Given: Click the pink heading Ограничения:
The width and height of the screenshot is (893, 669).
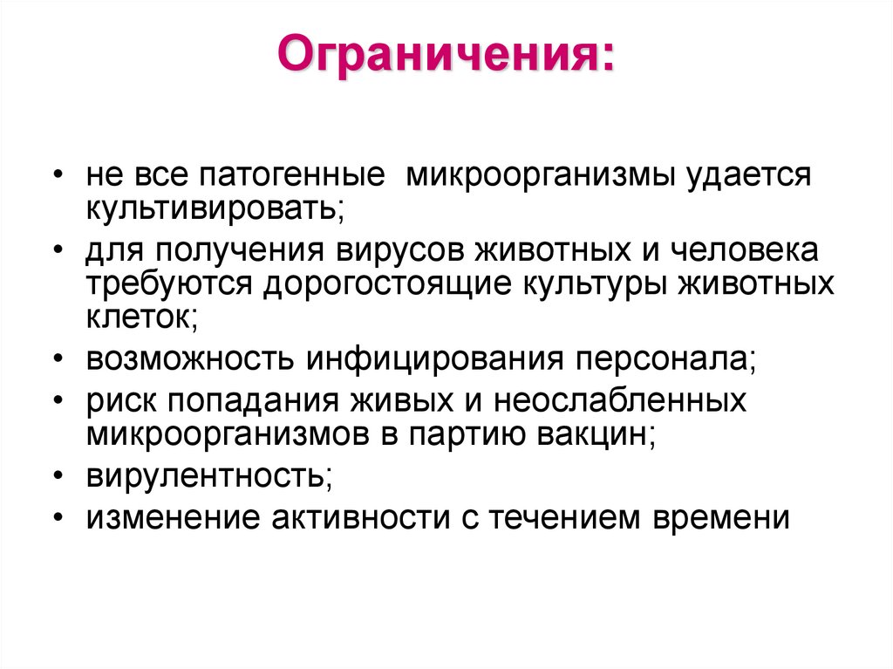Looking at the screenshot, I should [445, 59].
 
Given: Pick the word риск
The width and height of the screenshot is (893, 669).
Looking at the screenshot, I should [120, 401].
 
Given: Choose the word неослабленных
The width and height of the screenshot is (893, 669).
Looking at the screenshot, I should [620, 401].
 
